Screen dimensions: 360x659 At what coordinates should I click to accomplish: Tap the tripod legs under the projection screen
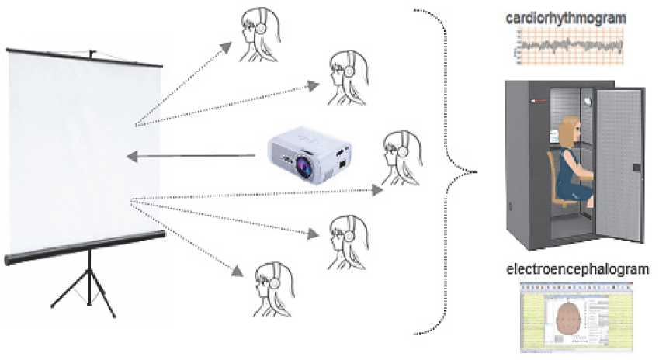pos(85,286)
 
